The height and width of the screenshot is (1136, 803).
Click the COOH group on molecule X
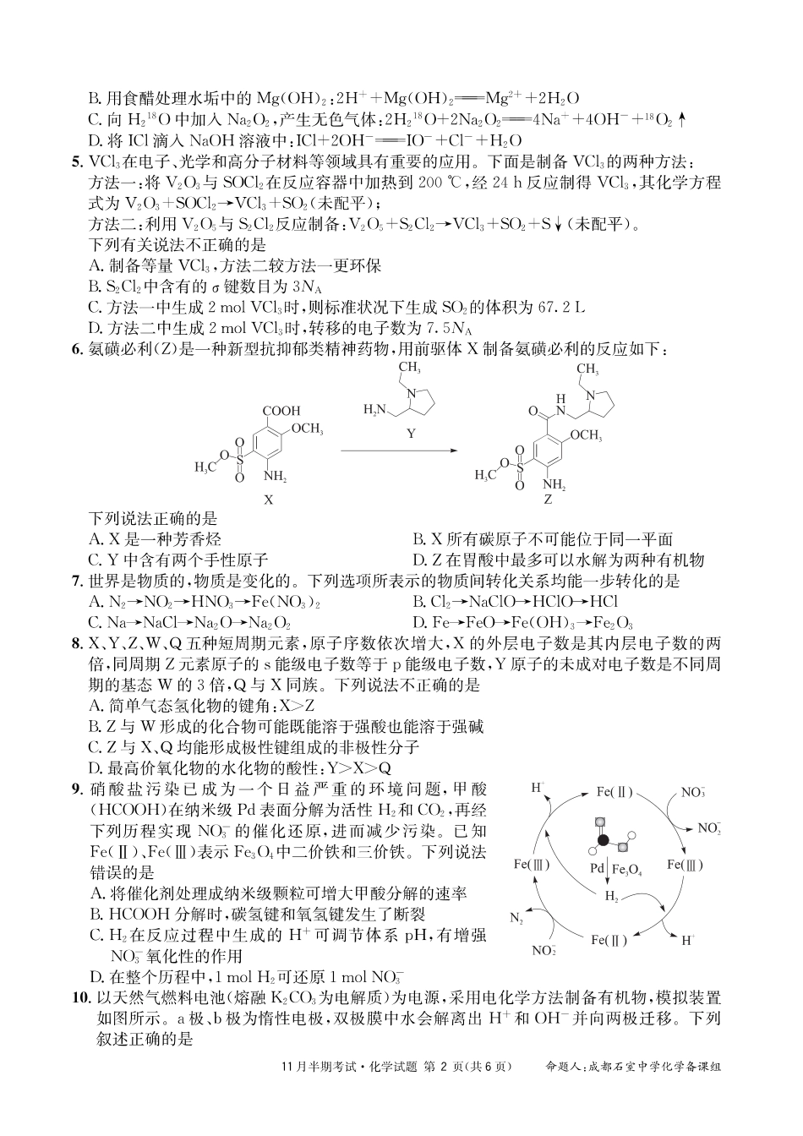click(x=281, y=411)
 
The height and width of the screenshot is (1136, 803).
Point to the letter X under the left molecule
click(x=269, y=499)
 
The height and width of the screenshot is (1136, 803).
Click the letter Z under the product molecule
click(x=548, y=500)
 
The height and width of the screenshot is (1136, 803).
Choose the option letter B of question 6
click(x=418, y=539)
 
